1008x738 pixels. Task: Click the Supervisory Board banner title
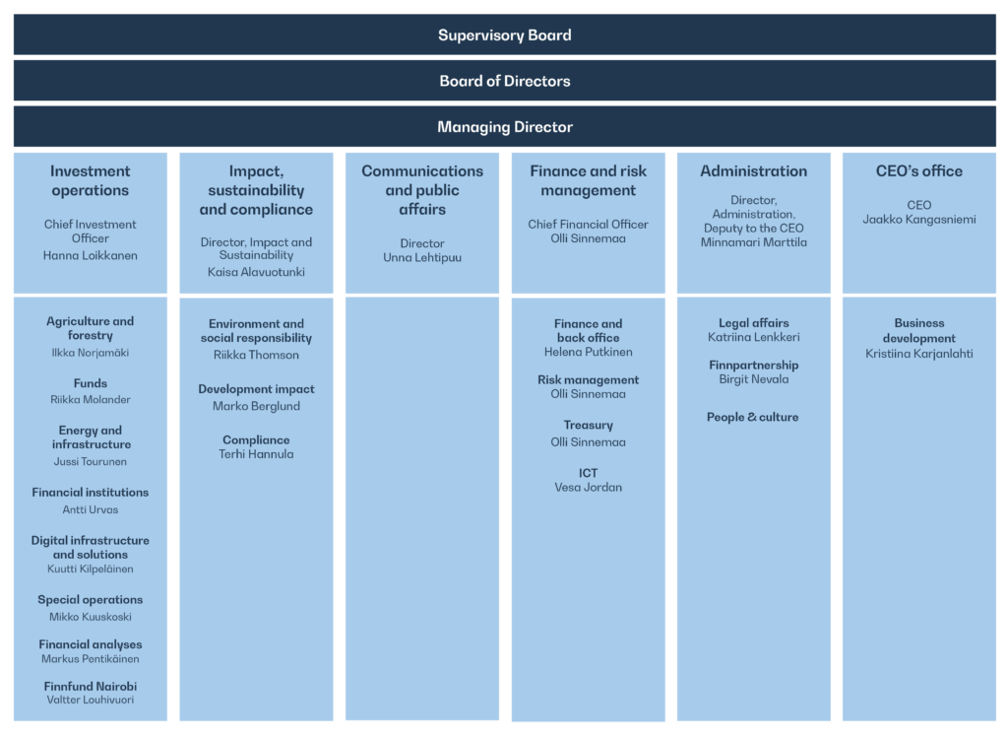point(505,35)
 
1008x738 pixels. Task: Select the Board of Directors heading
point(505,81)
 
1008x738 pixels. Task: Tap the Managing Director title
point(505,127)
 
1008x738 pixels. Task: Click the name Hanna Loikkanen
point(90,255)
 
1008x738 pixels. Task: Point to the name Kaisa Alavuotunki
point(256,272)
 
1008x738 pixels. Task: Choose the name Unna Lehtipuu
point(422,258)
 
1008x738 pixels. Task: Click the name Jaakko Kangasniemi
point(919,220)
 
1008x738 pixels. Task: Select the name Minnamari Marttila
point(753,242)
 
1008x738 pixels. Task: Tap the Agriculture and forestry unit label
point(90,328)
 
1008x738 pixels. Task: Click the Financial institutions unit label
point(90,493)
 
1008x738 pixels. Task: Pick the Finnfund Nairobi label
point(90,687)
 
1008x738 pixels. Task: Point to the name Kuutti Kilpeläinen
point(90,569)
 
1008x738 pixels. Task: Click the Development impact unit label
point(256,389)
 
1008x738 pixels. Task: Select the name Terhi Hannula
point(256,454)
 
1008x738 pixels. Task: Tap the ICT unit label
point(589,473)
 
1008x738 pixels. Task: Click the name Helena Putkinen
point(589,352)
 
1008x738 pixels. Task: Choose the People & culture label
point(753,417)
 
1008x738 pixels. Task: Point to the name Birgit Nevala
point(753,379)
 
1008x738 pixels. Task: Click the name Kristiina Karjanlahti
point(919,354)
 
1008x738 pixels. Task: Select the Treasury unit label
point(589,426)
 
